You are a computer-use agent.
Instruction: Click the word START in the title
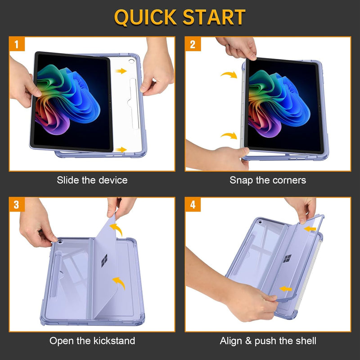tap(215, 17)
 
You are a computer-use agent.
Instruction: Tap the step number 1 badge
tap(17, 45)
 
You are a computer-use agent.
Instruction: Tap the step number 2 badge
tap(193, 45)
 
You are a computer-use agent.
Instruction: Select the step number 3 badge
tap(17, 205)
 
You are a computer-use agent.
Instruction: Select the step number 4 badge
tap(193, 205)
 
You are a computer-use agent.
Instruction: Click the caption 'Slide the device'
tap(92, 180)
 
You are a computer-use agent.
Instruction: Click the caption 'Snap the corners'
tap(268, 180)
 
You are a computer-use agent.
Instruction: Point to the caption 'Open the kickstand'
tap(92, 341)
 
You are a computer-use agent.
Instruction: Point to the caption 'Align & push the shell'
tap(268, 341)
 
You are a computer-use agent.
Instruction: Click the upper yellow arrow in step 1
tap(121, 71)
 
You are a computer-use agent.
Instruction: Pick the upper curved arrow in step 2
tap(229, 75)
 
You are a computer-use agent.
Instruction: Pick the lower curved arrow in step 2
tap(229, 136)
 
